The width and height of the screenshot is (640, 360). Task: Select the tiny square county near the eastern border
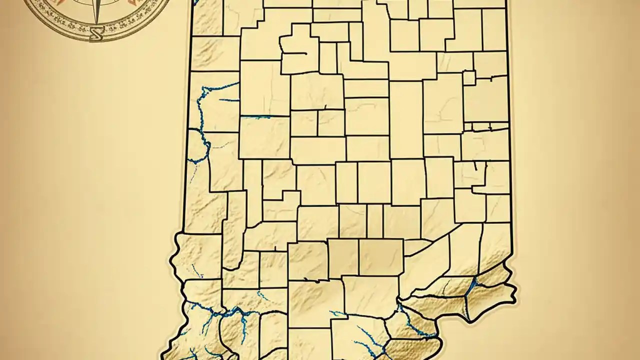(469, 78)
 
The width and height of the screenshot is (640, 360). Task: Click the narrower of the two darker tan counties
(343, 257)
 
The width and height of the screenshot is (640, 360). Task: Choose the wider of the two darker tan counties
(381, 257)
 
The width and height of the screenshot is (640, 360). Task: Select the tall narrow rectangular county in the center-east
(406, 120)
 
